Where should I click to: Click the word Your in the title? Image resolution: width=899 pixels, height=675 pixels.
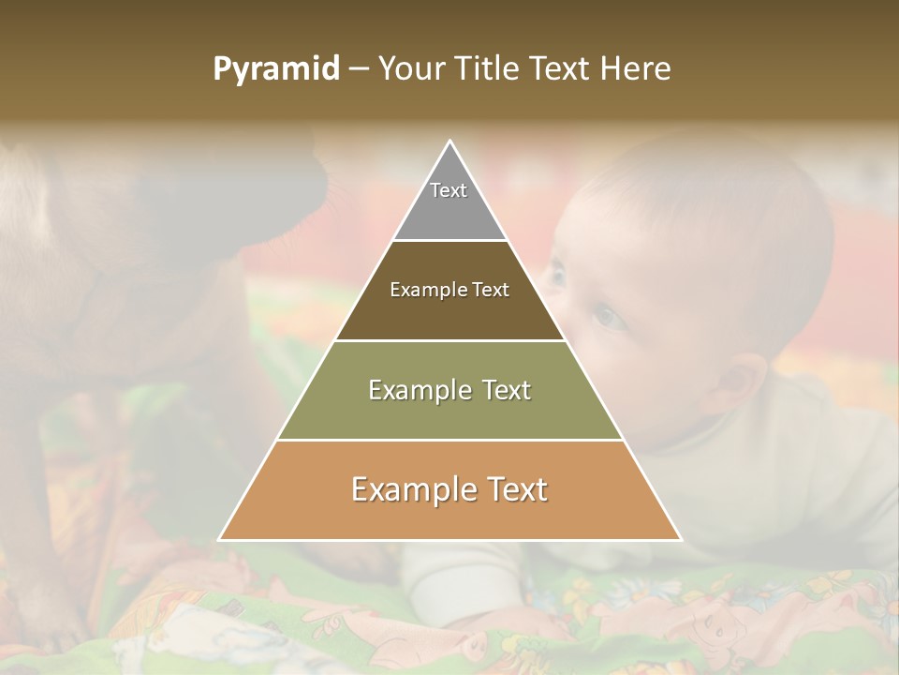[413, 69]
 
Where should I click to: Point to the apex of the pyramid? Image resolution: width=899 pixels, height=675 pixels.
[449, 142]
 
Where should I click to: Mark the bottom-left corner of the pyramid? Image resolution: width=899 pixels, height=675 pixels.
[220, 539]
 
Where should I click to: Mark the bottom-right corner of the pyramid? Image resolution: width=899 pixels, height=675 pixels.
[680, 539]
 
